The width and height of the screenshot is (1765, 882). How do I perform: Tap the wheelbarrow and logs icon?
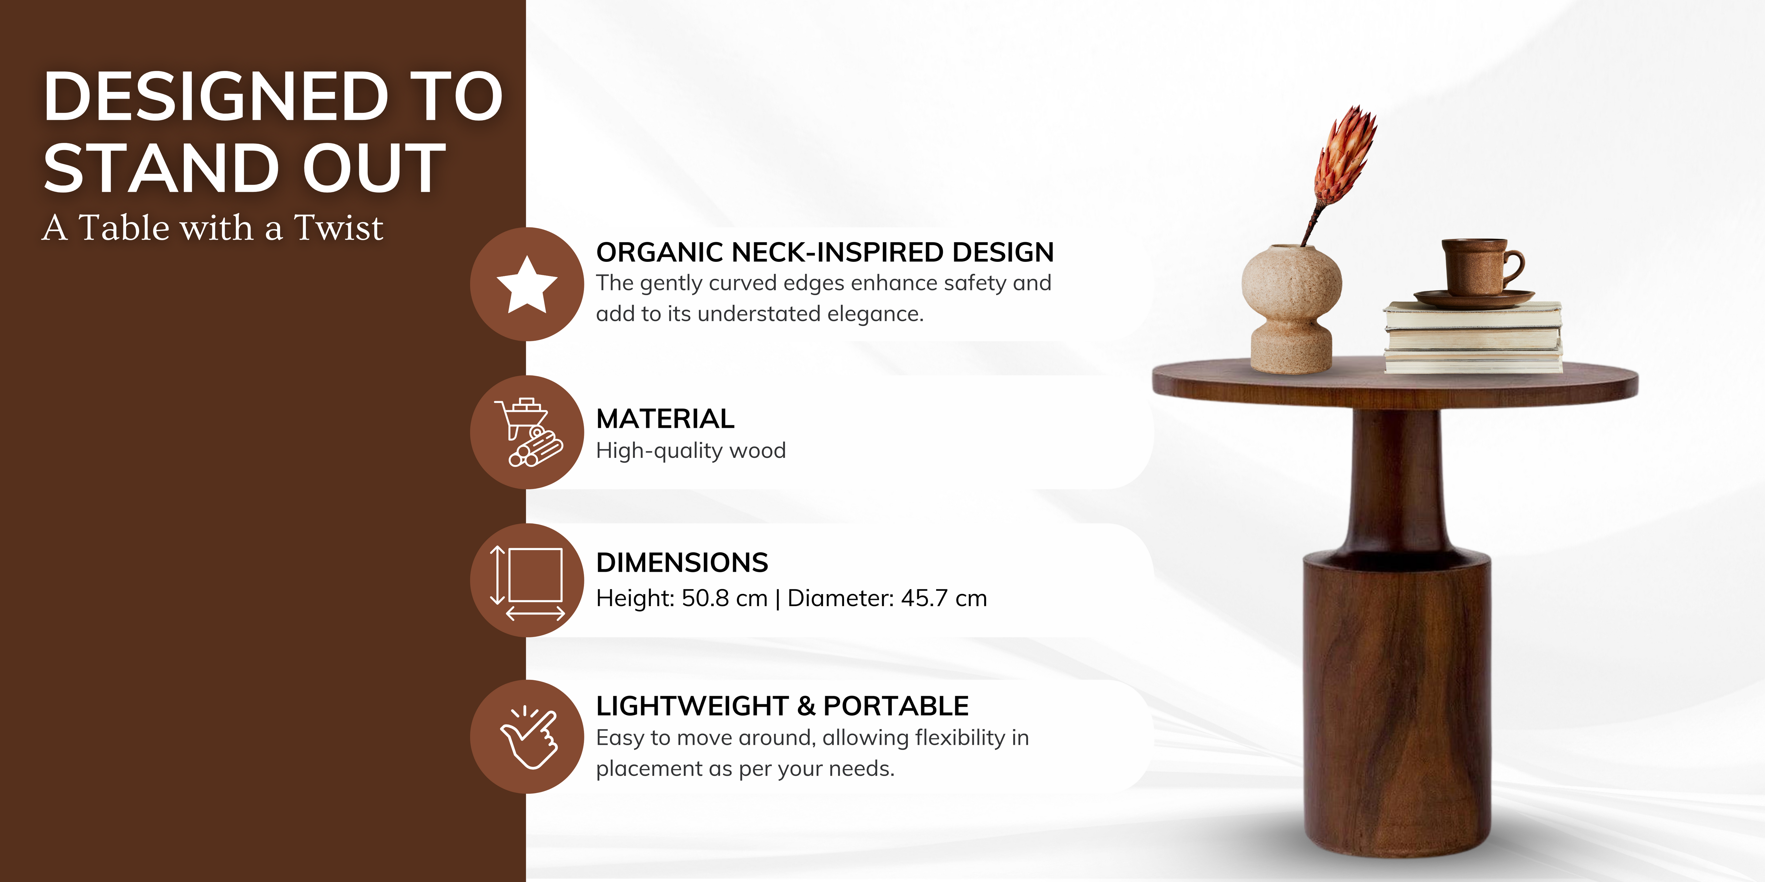[x=528, y=432]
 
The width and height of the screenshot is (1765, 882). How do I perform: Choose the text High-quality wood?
[x=691, y=450]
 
